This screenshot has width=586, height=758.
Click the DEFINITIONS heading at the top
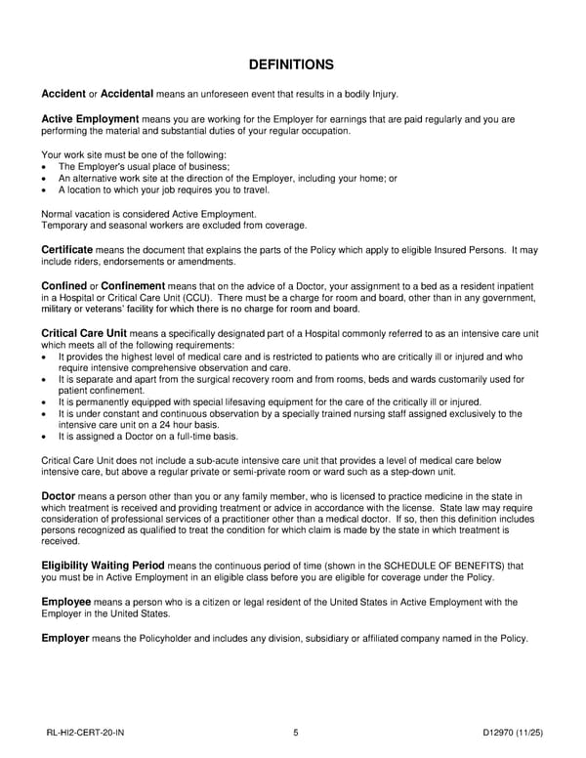(x=292, y=65)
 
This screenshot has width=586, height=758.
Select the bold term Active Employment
(x=90, y=119)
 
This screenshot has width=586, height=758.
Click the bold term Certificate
(x=67, y=250)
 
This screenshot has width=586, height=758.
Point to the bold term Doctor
(x=59, y=496)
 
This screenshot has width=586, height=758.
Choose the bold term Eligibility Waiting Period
(x=104, y=565)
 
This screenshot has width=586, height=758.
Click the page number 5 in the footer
(x=295, y=732)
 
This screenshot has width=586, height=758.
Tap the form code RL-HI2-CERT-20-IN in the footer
(x=85, y=732)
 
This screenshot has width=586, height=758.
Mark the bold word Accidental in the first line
(x=127, y=94)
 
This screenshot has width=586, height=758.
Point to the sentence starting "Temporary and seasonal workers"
(x=174, y=225)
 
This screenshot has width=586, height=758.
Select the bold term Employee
(x=67, y=602)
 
